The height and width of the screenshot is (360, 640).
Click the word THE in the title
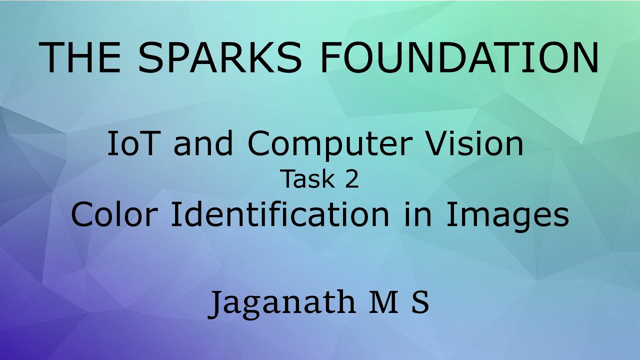[x=80, y=57]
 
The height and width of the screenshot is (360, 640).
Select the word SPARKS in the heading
[x=220, y=57]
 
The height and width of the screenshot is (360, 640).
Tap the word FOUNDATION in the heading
[x=459, y=57]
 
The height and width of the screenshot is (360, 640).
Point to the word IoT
[x=130, y=144]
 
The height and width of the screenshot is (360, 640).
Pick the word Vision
[x=473, y=144]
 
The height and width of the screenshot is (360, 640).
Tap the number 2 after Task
[x=352, y=180]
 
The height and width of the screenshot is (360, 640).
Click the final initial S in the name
[x=420, y=302]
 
